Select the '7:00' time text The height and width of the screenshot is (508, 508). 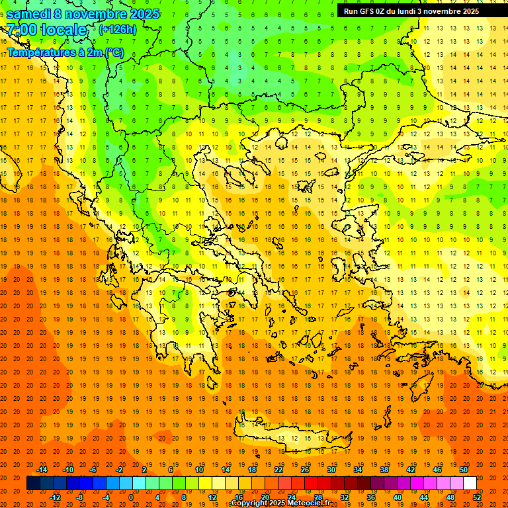[x=22, y=30]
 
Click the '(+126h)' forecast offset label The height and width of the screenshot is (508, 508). [x=117, y=30]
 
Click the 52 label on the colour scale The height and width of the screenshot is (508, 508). [x=477, y=497]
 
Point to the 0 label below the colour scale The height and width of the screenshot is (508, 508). [x=131, y=497]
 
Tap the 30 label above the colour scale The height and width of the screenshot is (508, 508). [x=331, y=470]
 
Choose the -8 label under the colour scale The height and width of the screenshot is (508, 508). [x=79, y=497]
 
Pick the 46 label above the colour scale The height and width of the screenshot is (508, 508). [x=437, y=470]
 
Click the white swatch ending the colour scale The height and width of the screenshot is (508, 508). [x=470, y=484]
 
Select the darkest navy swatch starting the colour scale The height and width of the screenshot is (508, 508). [x=33, y=484]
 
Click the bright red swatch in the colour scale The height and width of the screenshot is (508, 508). [x=311, y=484]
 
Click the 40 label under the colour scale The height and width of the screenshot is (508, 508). [x=398, y=497]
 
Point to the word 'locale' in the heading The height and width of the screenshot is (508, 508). [x=64, y=30]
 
